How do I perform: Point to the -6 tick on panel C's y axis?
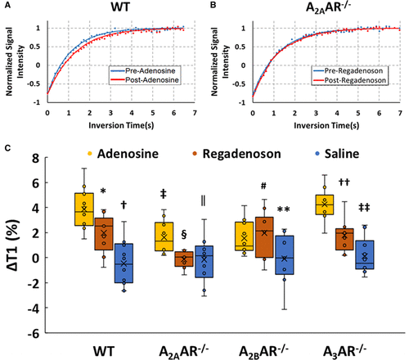click(x=38, y=334)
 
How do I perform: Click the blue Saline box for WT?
click(x=124, y=263)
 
